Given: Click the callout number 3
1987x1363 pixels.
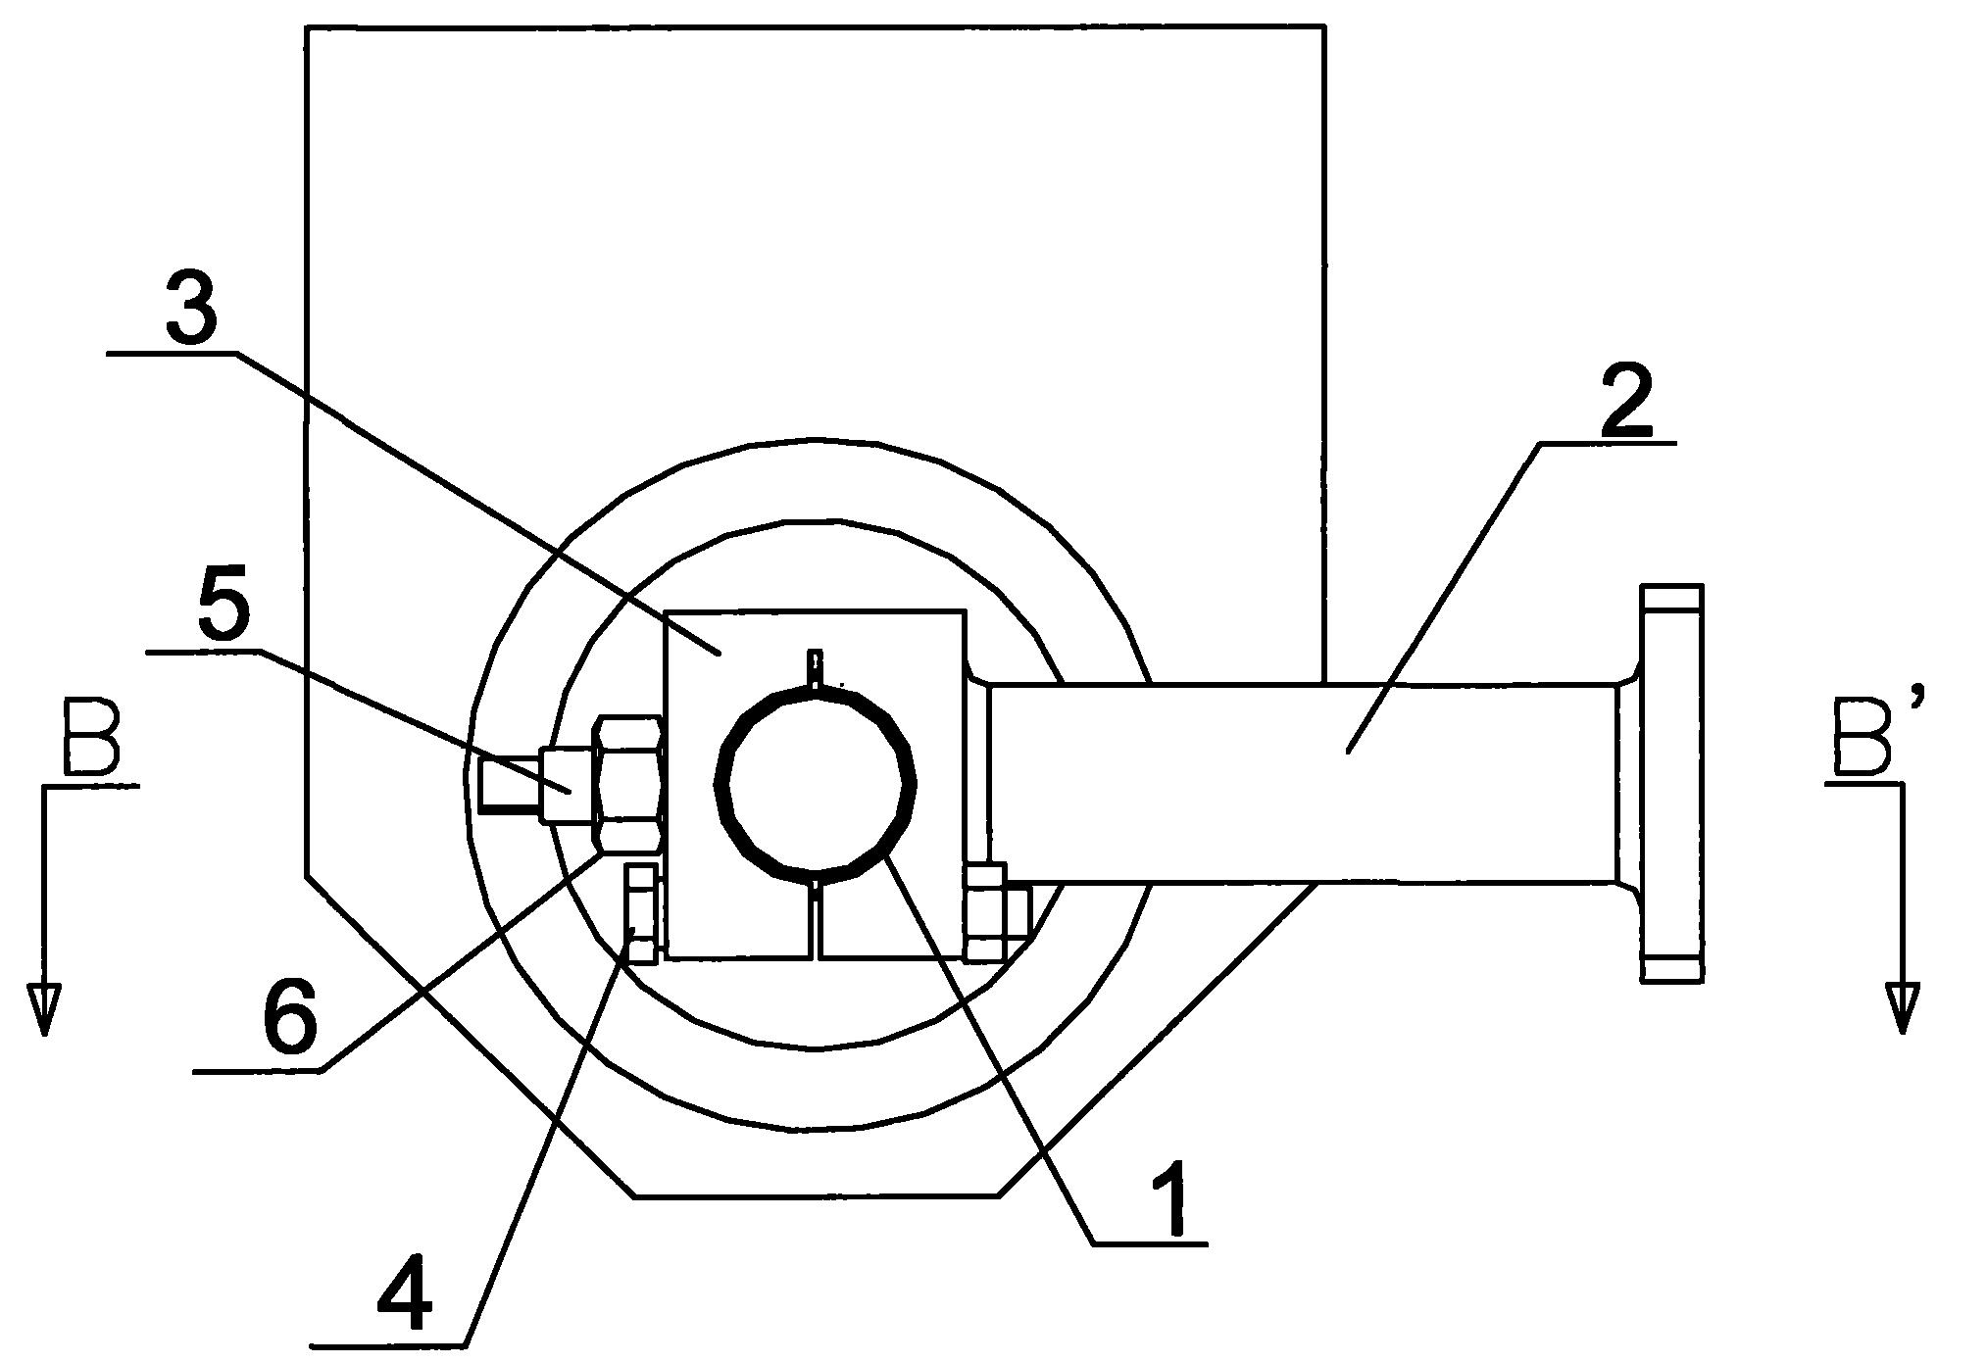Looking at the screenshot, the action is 192,300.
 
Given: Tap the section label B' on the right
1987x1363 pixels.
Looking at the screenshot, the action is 1864,733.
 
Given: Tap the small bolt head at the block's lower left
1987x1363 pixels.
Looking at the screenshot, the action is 642,913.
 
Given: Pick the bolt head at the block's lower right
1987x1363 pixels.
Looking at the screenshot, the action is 992,911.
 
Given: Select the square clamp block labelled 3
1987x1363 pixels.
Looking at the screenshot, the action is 815,783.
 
